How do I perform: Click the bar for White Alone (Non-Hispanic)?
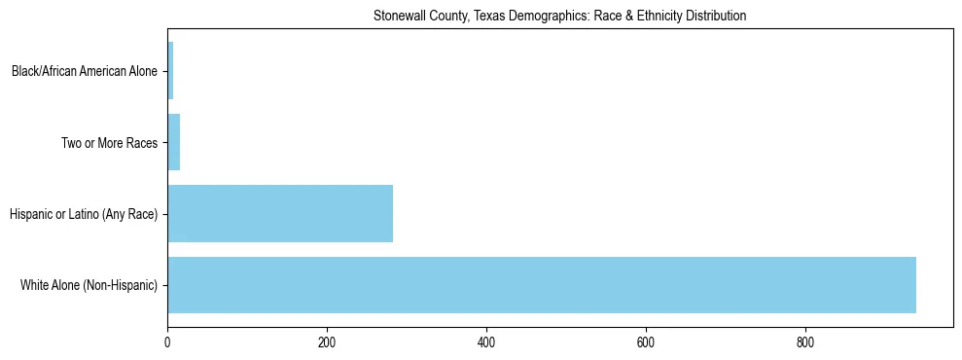541,285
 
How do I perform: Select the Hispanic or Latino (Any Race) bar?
280,213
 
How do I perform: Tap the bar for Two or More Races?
174,142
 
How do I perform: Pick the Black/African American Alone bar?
170,71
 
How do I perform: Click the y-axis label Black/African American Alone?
85,71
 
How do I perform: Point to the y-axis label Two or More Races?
109,143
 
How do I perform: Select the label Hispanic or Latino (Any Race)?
83,214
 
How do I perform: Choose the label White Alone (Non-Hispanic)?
89,285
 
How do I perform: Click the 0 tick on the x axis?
167,342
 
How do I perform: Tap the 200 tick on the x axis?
327,342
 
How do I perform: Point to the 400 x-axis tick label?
486,342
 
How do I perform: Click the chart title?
559,17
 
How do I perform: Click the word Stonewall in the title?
397,17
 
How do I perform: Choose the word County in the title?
443,17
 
